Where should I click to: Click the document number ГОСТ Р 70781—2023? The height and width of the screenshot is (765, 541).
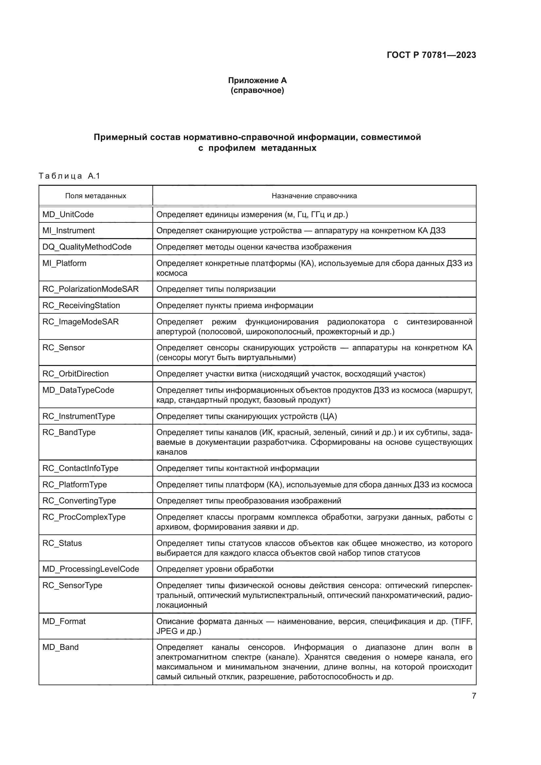431,55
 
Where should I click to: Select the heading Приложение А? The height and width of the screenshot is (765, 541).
257,80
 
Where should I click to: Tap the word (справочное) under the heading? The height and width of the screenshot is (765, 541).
257,90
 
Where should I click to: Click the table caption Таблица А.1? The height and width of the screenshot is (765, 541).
69,176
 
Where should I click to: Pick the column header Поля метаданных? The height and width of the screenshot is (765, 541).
96,196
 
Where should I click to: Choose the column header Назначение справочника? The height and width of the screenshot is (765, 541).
314,196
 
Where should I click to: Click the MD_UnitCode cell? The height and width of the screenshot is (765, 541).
68,215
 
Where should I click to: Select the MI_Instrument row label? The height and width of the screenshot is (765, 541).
68,231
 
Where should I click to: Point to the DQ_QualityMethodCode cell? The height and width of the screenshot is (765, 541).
87,247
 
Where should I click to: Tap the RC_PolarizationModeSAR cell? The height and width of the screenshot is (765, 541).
90,289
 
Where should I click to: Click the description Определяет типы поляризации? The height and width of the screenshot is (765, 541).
216,289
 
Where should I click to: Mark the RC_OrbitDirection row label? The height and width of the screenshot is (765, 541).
75,374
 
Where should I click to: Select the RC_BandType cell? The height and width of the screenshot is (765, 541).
69,432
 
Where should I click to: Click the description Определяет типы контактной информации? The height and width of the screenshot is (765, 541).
237,468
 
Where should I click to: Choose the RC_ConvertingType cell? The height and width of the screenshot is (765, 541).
79,501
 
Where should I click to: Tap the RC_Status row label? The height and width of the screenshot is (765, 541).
62,543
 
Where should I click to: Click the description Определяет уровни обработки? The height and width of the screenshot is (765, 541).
215,569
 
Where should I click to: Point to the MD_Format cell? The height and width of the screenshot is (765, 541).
64,621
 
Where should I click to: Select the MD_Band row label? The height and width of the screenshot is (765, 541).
60,647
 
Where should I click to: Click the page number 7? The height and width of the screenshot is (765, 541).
474,696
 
